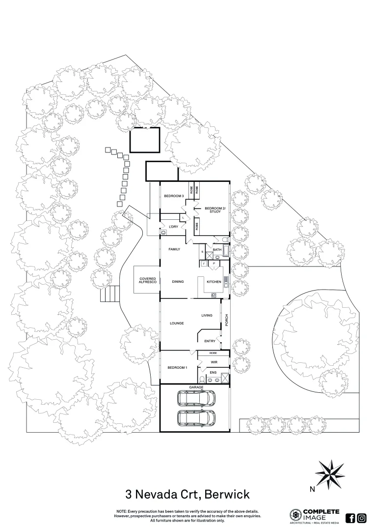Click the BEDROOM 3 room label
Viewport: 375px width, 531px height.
click(173, 196)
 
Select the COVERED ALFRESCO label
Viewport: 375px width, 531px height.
click(148, 280)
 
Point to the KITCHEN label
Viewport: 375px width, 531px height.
click(214, 282)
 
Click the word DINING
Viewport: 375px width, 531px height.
click(178, 282)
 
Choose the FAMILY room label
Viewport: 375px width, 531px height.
click(174, 249)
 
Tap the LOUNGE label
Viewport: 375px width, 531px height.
click(176, 323)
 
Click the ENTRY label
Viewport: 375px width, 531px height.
click(210, 341)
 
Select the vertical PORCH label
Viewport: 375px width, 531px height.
click(226, 321)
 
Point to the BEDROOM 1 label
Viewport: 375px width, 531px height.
click(177, 368)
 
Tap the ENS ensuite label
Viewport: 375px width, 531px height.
click(213, 373)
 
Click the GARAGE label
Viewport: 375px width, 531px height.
click(196, 387)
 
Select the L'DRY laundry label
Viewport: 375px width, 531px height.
click(173, 227)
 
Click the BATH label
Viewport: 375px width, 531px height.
click(217, 250)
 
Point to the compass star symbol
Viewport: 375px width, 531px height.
click(330, 474)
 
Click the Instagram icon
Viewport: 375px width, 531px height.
click(362, 518)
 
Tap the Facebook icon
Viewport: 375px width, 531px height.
click(350, 518)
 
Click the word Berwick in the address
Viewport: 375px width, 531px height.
click(227, 494)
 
